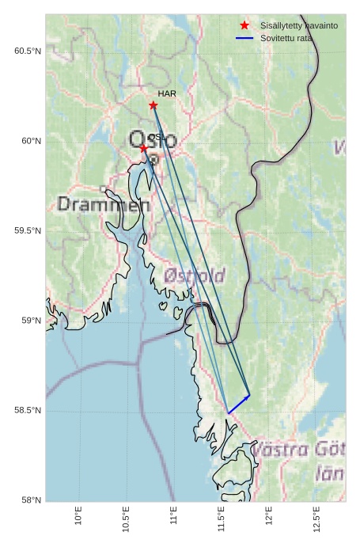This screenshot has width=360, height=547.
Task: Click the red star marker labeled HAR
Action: (x=153, y=105)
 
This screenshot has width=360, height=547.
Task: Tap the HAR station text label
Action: (x=166, y=93)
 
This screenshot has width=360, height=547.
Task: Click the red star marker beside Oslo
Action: (x=143, y=148)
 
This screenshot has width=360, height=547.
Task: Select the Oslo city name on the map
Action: (x=153, y=141)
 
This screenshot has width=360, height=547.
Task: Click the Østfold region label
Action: (x=195, y=275)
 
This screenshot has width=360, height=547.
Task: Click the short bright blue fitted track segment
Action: (x=238, y=405)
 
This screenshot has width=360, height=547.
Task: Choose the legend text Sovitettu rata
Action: (x=286, y=38)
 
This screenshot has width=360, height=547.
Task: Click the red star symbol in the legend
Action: (x=244, y=25)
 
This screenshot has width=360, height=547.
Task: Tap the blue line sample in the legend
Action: (x=244, y=38)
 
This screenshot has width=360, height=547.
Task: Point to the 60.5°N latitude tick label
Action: (x=27, y=51)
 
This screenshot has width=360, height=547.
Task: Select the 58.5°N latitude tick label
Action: (x=27, y=411)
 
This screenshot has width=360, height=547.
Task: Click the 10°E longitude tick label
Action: (x=78, y=515)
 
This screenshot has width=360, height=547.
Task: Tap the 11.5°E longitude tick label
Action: (x=222, y=519)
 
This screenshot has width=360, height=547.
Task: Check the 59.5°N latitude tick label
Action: (x=27, y=231)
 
